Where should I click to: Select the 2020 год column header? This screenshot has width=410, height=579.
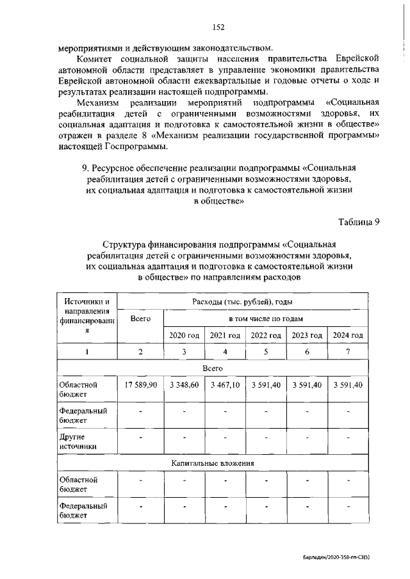(184, 335)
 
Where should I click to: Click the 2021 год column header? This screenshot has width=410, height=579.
(225, 335)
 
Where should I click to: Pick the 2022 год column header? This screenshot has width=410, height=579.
(266, 335)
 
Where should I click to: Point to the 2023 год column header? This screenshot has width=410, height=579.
(307, 335)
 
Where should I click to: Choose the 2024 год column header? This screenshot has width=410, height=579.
(348, 335)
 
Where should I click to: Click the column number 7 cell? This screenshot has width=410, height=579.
(348, 352)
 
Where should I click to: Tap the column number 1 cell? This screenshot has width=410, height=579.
(86, 352)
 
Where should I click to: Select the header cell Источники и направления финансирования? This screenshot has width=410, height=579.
(86, 317)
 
